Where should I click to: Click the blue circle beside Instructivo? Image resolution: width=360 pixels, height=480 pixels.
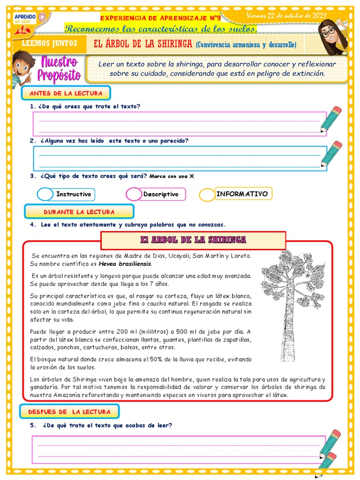(45, 194)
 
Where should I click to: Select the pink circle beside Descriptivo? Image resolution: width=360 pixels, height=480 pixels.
(134, 194)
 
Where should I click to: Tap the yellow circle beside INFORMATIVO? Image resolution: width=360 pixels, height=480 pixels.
(207, 195)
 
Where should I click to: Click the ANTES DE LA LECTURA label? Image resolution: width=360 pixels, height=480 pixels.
(66, 93)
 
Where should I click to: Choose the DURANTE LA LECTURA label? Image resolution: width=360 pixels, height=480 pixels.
(79, 212)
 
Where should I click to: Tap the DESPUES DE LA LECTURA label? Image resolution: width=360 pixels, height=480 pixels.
(69, 412)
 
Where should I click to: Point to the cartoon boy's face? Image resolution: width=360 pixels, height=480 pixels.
(21, 64)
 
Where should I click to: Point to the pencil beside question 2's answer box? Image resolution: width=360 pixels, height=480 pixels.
(331, 154)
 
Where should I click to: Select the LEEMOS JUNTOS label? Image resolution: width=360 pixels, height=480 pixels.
(46, 45)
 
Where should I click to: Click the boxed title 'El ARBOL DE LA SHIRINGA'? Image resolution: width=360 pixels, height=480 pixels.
(193, 240)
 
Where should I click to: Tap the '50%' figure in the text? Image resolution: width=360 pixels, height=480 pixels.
(157, 359)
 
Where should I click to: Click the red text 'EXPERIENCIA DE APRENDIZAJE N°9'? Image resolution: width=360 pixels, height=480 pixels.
(160, 18)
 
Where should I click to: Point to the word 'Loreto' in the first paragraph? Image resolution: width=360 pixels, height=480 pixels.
(241, 255)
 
